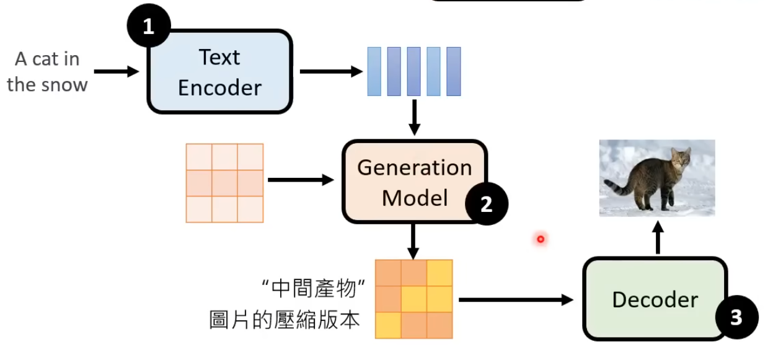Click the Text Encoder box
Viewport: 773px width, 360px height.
pyautogui.click(x=219, y=72)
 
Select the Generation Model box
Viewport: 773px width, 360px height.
pyautogui.click(x=414, y=182)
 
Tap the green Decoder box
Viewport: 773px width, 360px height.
pyautogui.click(x=655, y=299)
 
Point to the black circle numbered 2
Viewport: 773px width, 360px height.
pyautogui.click(x=487, y=204)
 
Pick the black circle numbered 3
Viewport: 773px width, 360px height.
pyautogui.click(x=736, y=318)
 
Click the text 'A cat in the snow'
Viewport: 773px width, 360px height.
pyautogui.click(x=47, y=72)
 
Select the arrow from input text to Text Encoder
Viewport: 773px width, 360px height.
pyautogui.click(x=118, y=72)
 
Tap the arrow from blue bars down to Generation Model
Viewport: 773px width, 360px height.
pyautogui.click(x=414, y=116)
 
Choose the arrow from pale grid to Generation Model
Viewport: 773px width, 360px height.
pyautogui.click(x=301, y=180)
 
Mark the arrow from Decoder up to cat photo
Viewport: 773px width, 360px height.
pyautogui.click(x=658, y=238)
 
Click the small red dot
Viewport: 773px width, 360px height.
pyautogui.click(x=541, y=239)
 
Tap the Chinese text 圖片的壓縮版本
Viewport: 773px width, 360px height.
pyautogui.click(x=285, y=320)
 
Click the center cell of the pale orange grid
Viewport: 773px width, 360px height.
pyautogui.click(x=224, y=183)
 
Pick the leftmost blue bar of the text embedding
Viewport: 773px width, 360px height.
pyautogui.click(x=374, y=71)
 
